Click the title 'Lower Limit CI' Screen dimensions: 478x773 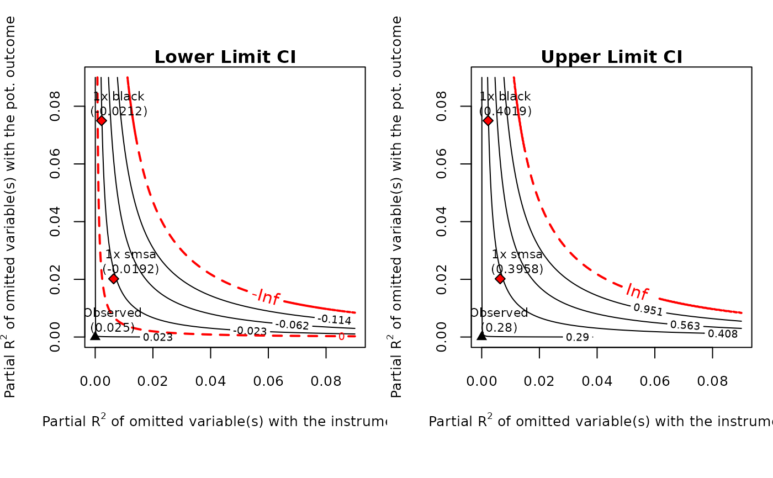point(225,57)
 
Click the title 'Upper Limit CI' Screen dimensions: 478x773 point(611,57)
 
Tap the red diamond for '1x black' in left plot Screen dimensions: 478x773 point(102,120)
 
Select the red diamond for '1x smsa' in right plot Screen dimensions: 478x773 point(500,278)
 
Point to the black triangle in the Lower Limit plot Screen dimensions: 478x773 point(95,334)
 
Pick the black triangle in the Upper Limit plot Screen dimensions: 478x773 point(481,334)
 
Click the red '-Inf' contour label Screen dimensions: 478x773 point(266,297)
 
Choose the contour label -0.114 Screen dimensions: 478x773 point(334,319)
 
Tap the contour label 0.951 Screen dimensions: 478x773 point(648,309)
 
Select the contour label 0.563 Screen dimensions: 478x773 point(685,325)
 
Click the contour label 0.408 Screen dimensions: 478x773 point(723,333)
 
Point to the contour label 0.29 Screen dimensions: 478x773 point(577,337)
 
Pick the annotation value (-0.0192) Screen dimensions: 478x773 point(131,269)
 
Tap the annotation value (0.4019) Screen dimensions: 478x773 point(505,111)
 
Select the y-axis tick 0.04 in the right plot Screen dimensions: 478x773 point(441,221)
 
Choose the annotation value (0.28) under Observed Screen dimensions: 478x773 point(499,327)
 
